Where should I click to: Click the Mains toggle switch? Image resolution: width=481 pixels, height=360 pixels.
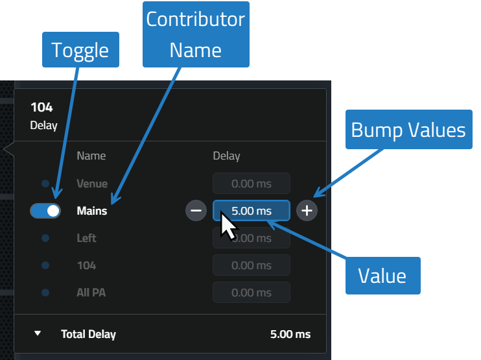tap(45, 211)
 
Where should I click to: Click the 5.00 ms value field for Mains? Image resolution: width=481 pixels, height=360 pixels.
tap(252, 211)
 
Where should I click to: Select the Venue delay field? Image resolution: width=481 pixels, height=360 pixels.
tap(252, 184)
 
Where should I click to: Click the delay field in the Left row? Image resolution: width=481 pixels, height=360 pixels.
tap(252, 238)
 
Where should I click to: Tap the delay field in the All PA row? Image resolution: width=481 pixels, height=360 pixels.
tap(252, 293)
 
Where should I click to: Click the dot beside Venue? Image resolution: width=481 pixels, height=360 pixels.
tap(45, 184)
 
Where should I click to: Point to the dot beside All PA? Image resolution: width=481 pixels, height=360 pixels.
tap(45, 293)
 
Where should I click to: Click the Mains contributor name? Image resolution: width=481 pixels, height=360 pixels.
tap(91, 211)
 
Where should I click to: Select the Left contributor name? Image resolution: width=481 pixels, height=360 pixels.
tap(86, 238)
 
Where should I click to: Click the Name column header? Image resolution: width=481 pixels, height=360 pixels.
tap(91, 156)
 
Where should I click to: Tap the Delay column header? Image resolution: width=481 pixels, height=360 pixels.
tap(226, 156)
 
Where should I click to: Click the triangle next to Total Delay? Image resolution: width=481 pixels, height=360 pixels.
tap(38, 333)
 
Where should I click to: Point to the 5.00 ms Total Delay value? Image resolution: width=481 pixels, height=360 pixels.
tap(290, 334)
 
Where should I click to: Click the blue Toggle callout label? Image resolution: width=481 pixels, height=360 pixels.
tap(80, 50)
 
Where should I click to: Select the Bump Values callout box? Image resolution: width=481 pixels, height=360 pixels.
tap(409, 130)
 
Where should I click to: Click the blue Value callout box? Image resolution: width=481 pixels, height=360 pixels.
tap(383, 276)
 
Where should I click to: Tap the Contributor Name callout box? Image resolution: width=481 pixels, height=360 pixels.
tap(196, 34)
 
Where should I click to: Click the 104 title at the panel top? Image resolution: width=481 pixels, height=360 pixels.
tap(41, 108)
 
